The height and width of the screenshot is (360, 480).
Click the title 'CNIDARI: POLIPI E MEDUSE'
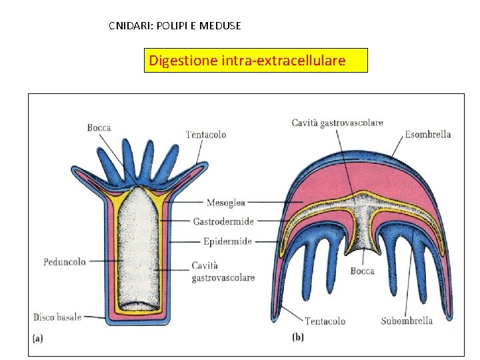[175, 27]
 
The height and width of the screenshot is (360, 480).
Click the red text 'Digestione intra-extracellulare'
[247, 61]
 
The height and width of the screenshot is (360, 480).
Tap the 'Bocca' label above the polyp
[99, 127]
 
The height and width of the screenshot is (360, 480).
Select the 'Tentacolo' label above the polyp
[206, 135]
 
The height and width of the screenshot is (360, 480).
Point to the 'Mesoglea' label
[226, 203]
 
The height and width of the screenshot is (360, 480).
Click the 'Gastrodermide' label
[223, 221]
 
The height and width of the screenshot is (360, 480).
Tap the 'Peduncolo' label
[64, 262]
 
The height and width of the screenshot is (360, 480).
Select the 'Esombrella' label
[428, 134]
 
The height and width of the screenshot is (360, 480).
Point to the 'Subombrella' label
[407, 321]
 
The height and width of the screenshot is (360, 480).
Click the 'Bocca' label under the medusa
[362, 271]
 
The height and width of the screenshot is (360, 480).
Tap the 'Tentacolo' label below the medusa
[325, 321]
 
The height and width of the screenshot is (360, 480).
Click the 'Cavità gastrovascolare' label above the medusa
[337, 123]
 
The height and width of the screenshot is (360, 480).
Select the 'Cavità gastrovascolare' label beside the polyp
[223, 271]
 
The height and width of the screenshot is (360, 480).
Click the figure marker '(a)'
[38, 338]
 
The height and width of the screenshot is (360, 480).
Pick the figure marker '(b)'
[298, 338]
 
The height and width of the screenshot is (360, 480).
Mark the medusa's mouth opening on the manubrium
[363, 251]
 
